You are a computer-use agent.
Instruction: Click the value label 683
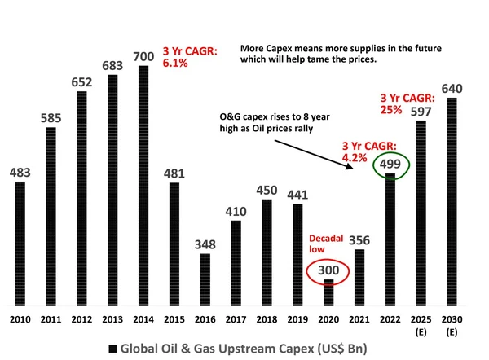[x=112, y=64]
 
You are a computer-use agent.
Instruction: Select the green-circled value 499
[x=390, y=166]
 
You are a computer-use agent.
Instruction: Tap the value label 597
[x=420, y=111]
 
